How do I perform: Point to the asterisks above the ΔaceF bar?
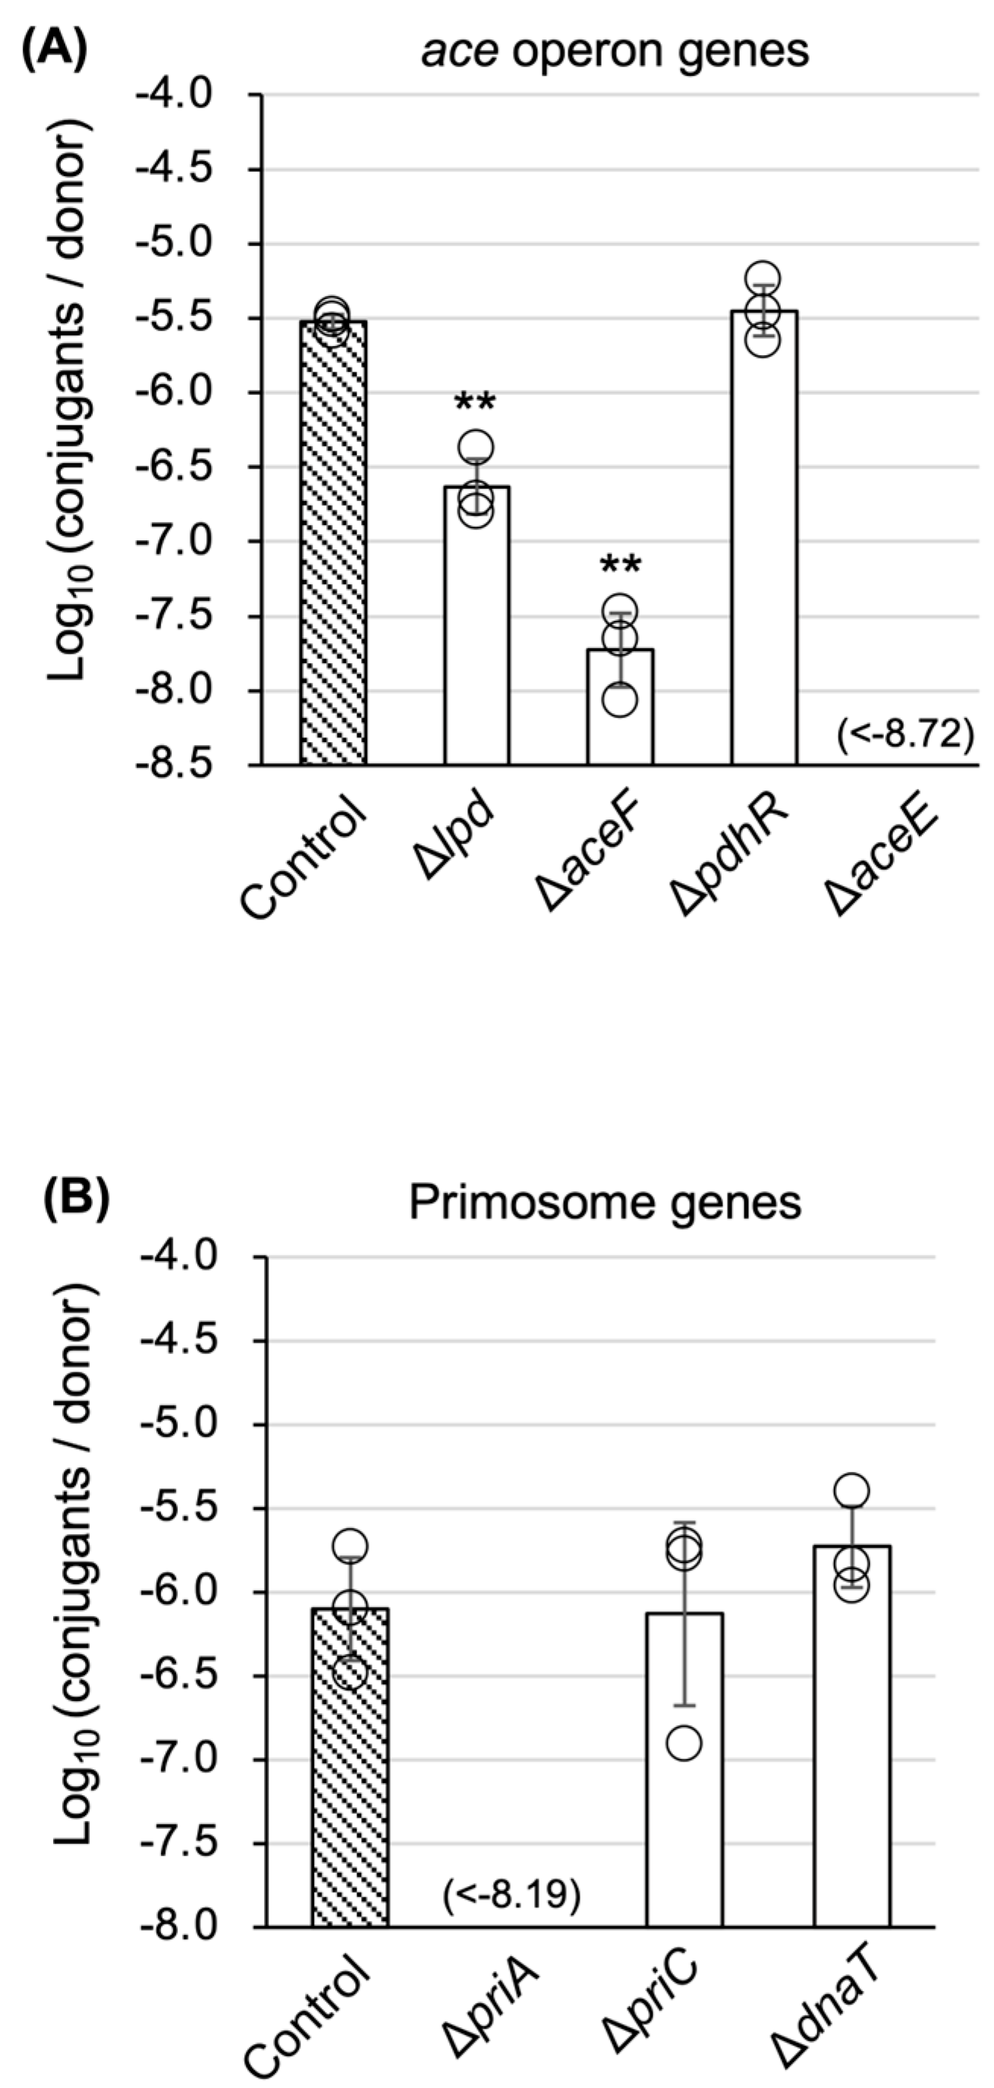coord(620,566)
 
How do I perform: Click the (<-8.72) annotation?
coord(904,736)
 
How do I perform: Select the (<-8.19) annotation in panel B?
coord(511,1896)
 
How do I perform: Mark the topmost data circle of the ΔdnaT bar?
coord(851,1490)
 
